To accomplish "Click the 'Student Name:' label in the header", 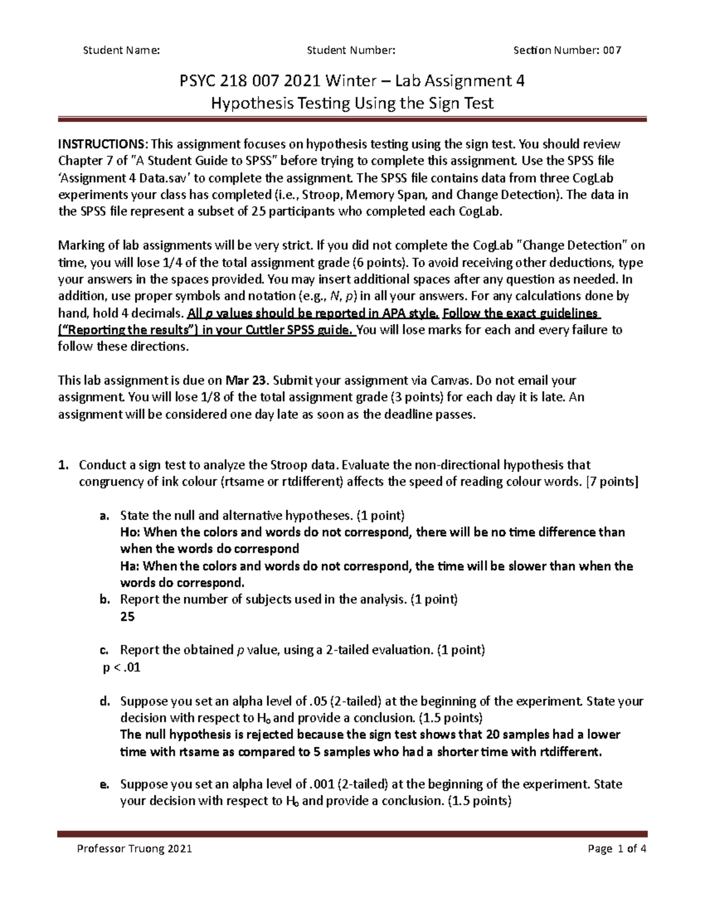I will pyautogui.click(x=121, y=51).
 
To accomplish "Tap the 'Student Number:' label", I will pyautogui.click(x=351, y=51).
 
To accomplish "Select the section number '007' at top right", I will pyautogui.click(x=610, y=51).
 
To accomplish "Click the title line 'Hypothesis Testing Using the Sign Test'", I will pyautogui.click(x=352, y=104).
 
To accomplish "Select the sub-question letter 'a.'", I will pyautogui.click(x=104, y=516).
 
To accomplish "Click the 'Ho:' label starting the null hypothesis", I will pyautogui.click(x=130, y=533).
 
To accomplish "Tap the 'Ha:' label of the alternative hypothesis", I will pyautogui.click(x=130, y=567).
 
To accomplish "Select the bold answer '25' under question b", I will pyautogui.click(x=127, y=617).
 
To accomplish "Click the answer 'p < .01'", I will pyautogui.click(x=122, y=668).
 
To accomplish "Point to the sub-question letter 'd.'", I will pyautogui.click(x=104, y=701).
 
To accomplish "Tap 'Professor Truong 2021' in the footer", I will pyautogui.click(x=135, y=849).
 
